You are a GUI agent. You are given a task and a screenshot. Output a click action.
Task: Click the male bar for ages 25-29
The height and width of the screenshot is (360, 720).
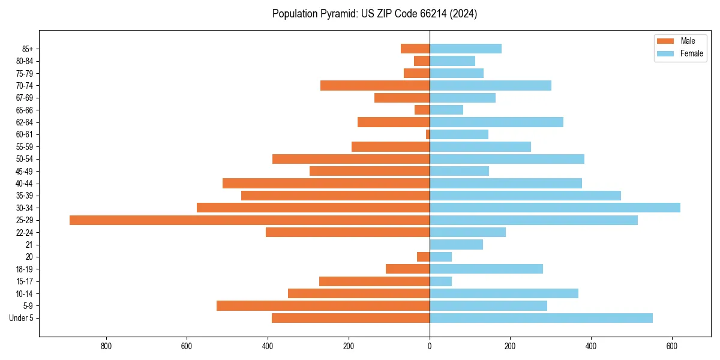[x=250, y=220]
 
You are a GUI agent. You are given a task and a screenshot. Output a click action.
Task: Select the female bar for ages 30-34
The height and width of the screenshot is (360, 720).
[x=555, y=208]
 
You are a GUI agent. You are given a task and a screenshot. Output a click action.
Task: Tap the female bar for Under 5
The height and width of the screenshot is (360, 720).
[x=541, y=318]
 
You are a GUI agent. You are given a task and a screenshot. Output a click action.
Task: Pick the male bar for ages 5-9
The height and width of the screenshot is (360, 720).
[x=323, y=306]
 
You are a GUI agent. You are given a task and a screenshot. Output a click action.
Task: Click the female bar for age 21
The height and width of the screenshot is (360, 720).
[x=456, y=245]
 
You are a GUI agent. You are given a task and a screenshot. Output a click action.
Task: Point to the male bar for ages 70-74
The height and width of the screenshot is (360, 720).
[x=375, y=86]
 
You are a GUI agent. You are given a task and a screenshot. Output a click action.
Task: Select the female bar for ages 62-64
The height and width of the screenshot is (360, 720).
[x=496, y=122]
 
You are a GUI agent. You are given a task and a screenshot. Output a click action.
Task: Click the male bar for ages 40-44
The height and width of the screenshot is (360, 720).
[x=326, y=184]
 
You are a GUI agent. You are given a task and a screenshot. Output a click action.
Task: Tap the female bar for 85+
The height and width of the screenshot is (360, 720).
[x=466, y=49]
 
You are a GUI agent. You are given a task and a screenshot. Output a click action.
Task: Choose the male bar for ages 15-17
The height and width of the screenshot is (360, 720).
[x=374, y=281]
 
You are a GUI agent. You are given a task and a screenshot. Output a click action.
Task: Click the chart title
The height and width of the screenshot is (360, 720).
[x=374, y=14]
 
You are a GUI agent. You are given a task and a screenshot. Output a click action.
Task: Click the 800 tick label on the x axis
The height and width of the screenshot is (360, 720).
[x=106, y=346]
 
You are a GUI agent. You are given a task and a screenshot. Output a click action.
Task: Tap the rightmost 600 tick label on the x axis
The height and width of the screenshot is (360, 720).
[x=672, y=346]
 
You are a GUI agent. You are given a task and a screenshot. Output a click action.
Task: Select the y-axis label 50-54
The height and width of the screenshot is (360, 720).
[x=25, y=159]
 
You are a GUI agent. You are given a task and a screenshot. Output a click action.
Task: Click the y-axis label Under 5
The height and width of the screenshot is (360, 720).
[x=21, y=318]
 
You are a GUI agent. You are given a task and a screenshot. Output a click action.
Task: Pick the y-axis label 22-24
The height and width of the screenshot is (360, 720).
[x=25, y=233]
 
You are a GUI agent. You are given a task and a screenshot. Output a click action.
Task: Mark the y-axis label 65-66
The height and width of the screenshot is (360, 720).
[x=25, y=110]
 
